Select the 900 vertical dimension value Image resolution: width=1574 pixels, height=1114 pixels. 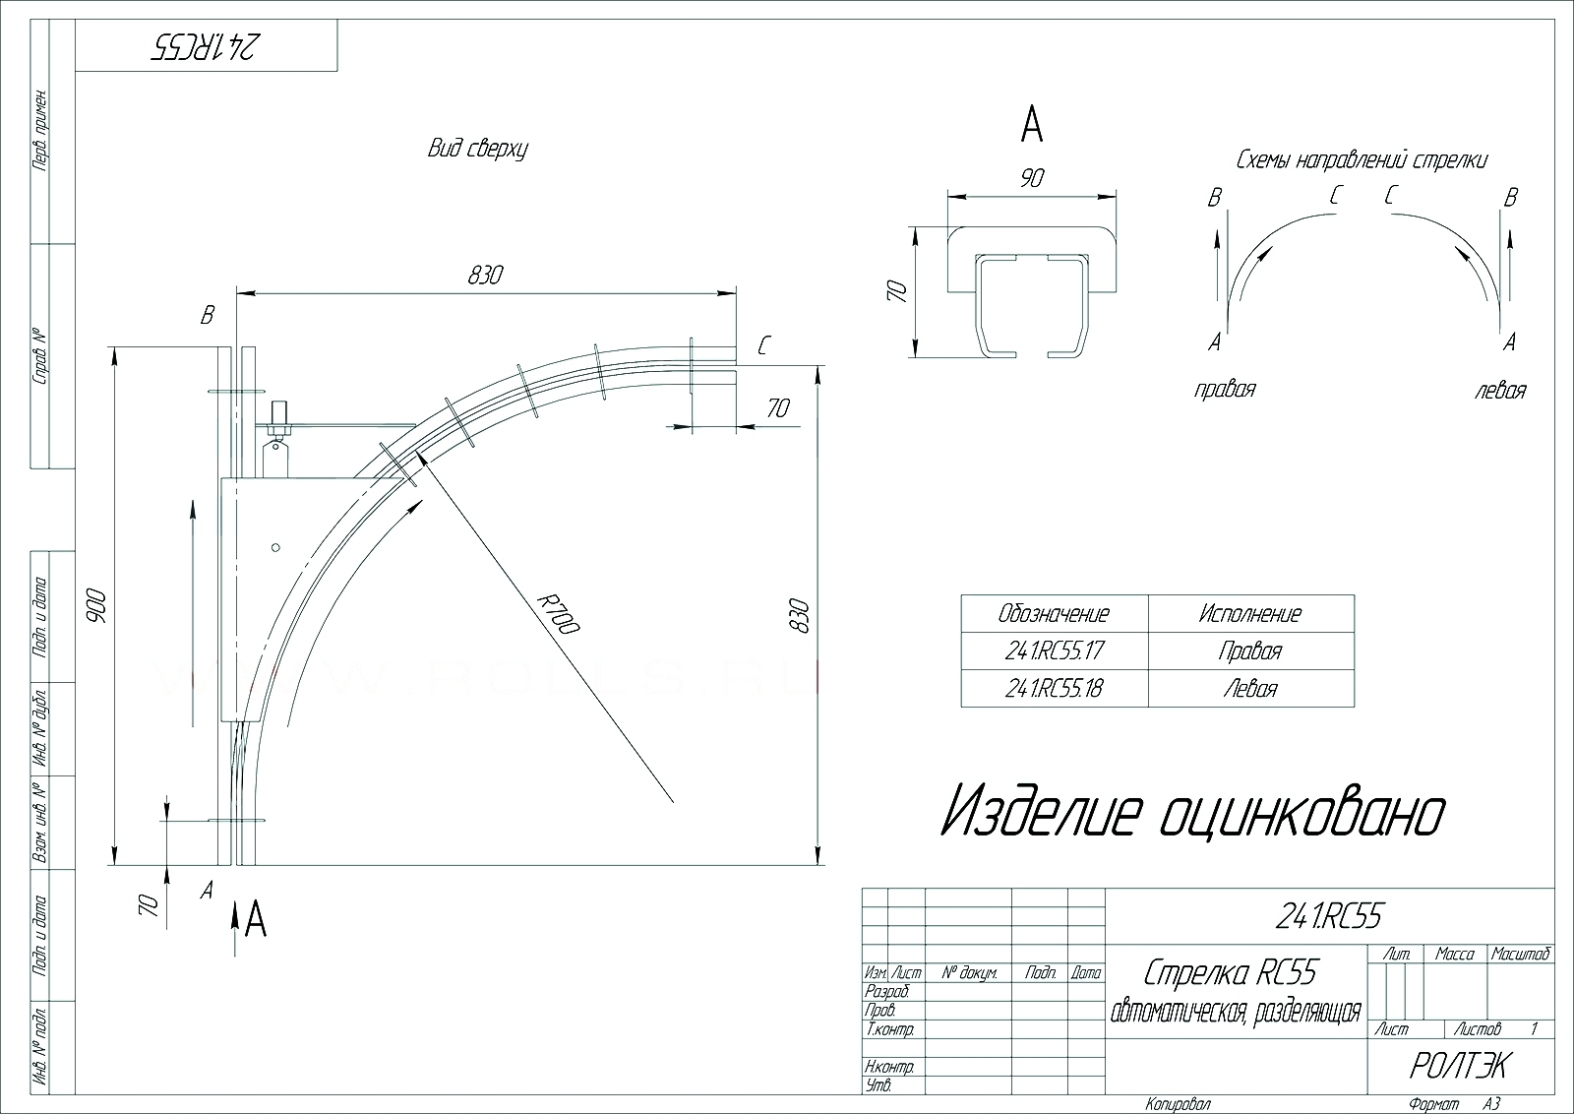click(100, 605)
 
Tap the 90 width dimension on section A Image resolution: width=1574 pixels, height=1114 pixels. click(1032, 178)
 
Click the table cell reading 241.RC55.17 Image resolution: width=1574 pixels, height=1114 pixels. click(1054, 650)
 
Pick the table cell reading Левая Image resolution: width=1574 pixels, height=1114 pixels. click(1249, 688)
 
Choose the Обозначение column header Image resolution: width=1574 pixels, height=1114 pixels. click(1054, 614)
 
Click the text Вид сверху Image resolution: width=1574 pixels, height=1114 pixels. click(478, 150)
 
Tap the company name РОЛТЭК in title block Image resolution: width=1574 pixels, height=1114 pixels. click(1458, 1065)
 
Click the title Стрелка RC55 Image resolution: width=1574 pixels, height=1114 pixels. click(1230, 973)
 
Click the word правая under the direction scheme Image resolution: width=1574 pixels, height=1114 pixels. click(1225, 390)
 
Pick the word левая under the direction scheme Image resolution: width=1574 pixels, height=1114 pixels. click(1500, 391)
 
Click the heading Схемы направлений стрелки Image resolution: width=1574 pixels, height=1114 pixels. click(1362, 159)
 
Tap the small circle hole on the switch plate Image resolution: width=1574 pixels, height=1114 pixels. click(275, 547)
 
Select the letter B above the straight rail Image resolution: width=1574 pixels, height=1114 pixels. click(207, 316)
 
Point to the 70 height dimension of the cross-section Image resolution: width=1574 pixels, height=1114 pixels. click(895, 291)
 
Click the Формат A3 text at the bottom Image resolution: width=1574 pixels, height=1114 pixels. click(1454, 1104)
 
